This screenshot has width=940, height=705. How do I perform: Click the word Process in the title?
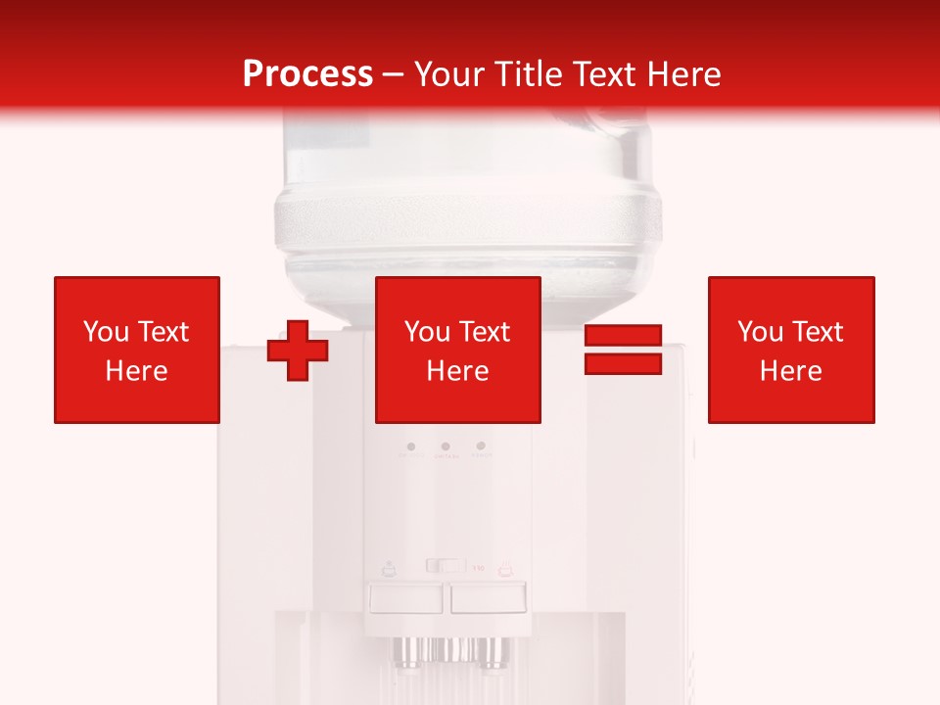pos(307,74)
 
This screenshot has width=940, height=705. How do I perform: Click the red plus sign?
pos(298,350)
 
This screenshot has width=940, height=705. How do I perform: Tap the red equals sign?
pos(623,350)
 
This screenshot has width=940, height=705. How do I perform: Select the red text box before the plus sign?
pos(137,350)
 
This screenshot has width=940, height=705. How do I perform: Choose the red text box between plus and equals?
pos(458,350)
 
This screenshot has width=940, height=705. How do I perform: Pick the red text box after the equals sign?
pos(791,350)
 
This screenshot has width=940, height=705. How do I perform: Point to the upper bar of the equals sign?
pos(623,336)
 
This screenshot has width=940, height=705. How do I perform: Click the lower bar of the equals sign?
pos(623,363)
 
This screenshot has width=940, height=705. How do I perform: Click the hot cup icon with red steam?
pos(505,567)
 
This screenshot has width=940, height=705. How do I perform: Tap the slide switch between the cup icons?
pos(446,565)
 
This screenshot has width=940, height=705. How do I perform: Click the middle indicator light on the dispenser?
pos(446,446)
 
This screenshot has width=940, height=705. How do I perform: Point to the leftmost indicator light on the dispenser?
pos(410,446)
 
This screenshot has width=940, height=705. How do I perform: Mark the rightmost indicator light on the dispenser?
pos(480,446)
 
